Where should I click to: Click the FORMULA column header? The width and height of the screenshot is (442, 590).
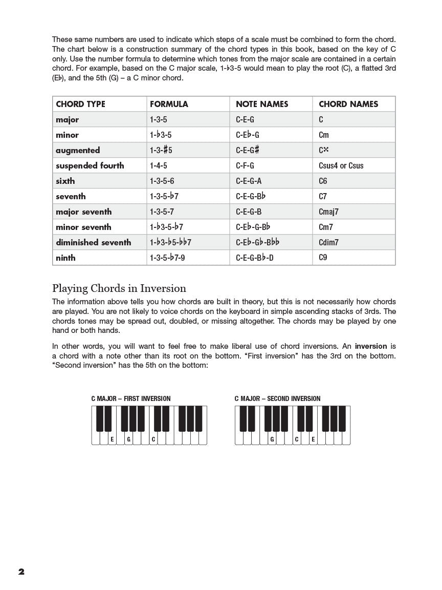point(169,104)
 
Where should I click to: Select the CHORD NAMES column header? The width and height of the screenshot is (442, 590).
point(348,104)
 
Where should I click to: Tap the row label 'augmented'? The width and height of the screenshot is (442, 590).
point(78,150)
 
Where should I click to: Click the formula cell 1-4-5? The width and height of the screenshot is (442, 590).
point(159,165)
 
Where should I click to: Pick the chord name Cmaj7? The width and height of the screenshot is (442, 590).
point(328,212)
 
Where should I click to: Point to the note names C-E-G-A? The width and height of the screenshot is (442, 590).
point(249,181)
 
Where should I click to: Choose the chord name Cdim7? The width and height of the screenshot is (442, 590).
point(328,242)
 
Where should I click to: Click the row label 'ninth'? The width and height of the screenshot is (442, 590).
point(65,258)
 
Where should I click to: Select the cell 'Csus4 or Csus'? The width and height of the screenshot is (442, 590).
point(341,165)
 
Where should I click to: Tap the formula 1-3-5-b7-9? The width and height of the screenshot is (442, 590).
point(167,258)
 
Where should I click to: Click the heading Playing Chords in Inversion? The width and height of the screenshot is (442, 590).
point(119,288)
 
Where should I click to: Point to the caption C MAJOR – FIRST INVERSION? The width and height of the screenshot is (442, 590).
point(131,398)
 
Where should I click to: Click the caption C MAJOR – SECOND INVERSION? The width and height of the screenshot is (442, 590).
point(278,398)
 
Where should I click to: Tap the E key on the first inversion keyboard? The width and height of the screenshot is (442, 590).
point(112,439)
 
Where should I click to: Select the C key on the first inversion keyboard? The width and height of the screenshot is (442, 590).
point(153,439)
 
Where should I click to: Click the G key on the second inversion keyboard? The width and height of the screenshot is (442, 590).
point(272,439)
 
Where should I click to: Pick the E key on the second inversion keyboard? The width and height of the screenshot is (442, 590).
point(313,439)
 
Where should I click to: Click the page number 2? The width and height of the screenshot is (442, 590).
point(21,572)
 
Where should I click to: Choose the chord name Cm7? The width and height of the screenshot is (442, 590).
point(326,227)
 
